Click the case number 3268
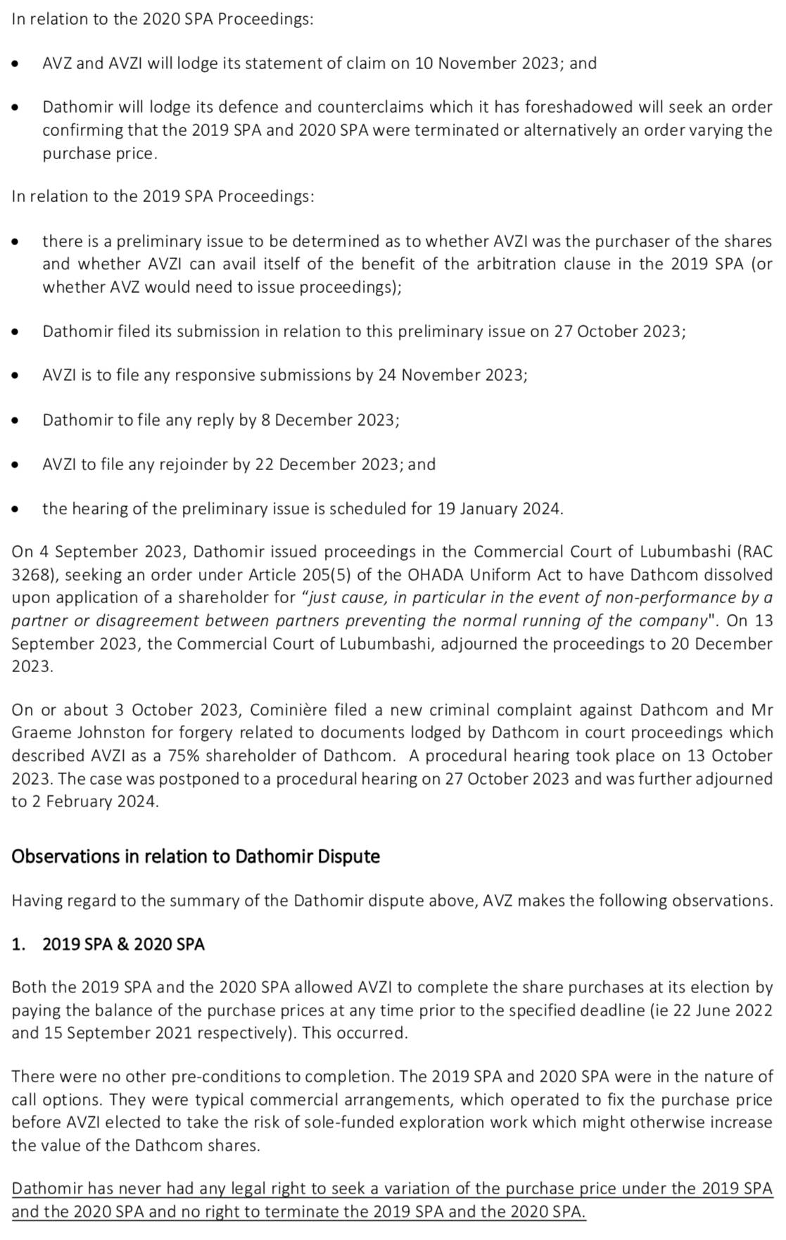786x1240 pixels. (30, 574)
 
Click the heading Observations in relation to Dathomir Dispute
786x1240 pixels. (196, 856)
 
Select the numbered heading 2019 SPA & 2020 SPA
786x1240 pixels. (123, 944)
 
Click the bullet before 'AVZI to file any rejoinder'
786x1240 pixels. (15, 465)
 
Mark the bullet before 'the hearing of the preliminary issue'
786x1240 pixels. (15, 510)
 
